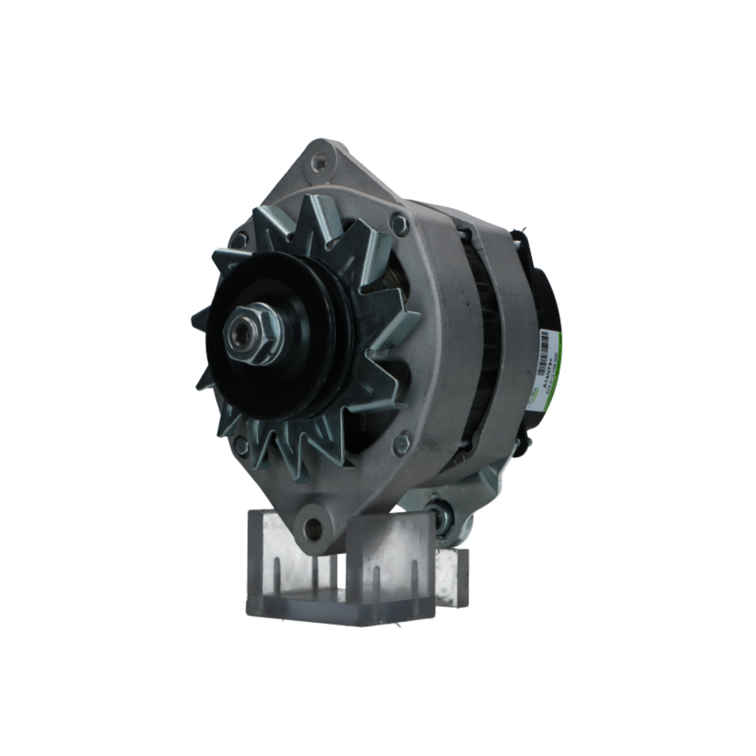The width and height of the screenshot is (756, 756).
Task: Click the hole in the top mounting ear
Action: click(321, 160)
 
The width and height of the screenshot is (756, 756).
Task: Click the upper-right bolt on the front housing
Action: click(399, 224)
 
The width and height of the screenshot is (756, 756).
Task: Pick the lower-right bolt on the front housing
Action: click(402, 442)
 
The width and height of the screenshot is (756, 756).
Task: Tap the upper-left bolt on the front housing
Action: click(240, 240)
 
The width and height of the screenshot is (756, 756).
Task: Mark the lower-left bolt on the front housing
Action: click(241, 445)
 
